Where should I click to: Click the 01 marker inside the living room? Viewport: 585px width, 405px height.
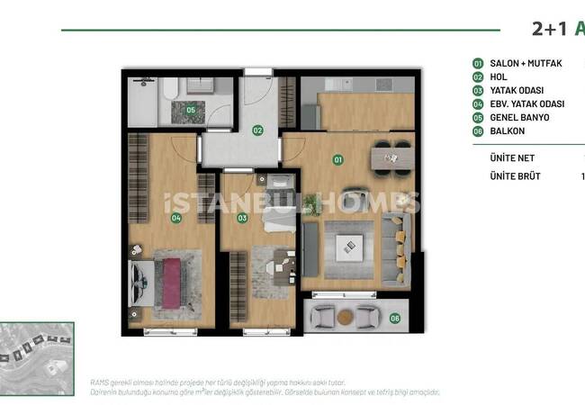pyautogui.click(x=338, y=160)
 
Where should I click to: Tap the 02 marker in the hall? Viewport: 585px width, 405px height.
pyautogui.click(x=257, y=130)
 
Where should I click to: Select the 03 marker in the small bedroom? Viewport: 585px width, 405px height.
pyautogui.click(x=242, y=218)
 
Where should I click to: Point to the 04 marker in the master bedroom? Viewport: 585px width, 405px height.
pyautogui.click(x=175, y=218)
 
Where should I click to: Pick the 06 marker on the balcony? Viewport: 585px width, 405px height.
pyautogui.click(x=394, y=317)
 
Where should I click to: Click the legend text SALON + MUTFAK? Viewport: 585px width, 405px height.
pyautogui.click(x=526, y=64)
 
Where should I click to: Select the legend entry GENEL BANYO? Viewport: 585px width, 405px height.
pyautogui.click(x=519, y=118)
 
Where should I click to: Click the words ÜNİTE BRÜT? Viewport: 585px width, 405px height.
pyautogui.click(x=515, y=176)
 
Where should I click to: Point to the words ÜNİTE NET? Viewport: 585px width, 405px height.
pyautogui.click(x=512, y=157)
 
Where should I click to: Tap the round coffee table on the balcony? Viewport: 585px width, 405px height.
pyautogui.click(x=347, y=316)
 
